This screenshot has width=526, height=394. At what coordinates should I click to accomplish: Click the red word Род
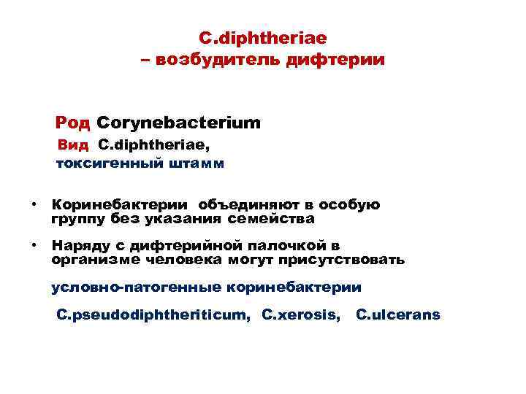click(x=73, y=122)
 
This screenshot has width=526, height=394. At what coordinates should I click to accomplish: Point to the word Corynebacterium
click(x=178, y=122)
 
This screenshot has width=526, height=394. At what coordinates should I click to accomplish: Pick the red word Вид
click(x=73, y=145)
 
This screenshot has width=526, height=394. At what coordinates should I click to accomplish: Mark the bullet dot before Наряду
click(x=33, y=244)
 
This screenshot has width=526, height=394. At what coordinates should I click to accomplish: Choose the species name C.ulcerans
click(x=398, y=315)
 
